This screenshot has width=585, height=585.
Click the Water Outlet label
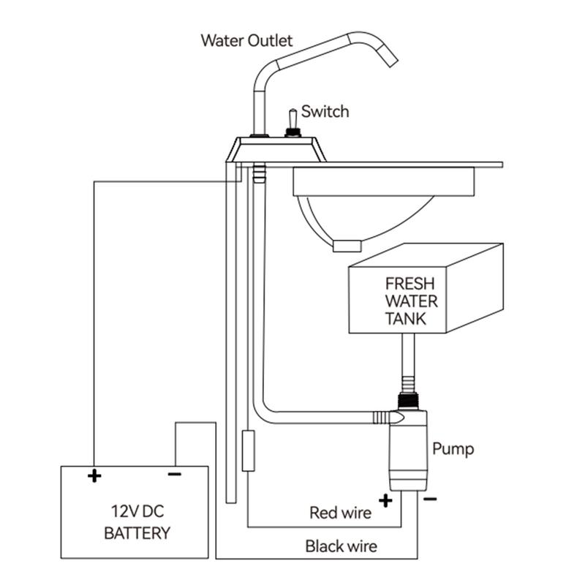coord(246,40)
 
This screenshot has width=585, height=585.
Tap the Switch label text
coord(325,112)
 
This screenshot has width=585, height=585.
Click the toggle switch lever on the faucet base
coord(291,118)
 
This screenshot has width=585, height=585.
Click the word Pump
coord(453,448)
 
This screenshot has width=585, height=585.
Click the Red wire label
coord(340,513)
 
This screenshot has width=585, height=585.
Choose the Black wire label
coord(341,546)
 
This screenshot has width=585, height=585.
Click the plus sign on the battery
coord(94,476)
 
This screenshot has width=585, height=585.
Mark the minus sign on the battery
coord(174,474)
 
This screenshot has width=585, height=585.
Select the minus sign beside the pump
coord(431,499)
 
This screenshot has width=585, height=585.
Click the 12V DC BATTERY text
coord(137,521)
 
